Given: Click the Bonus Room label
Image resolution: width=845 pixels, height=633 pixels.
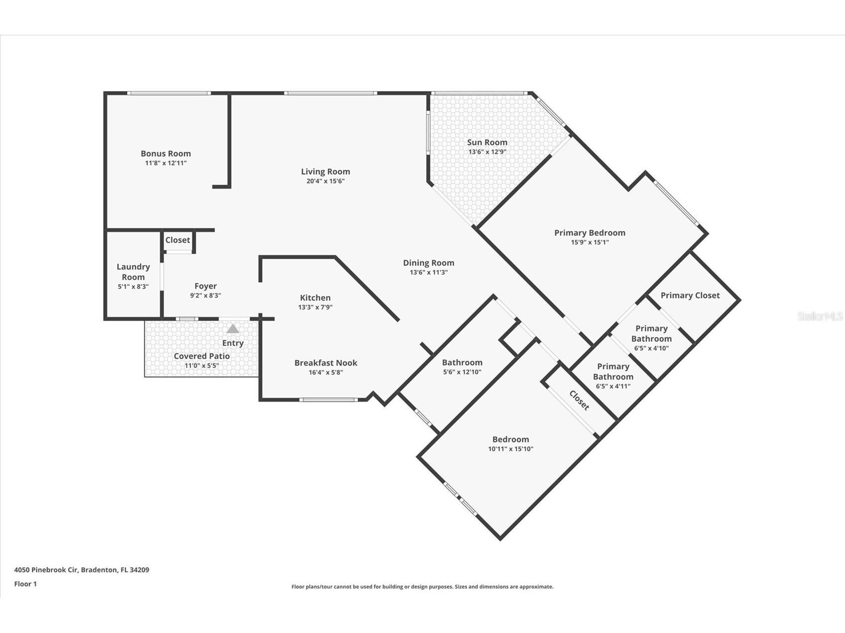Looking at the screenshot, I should pyautogui.click(x=165, y=154).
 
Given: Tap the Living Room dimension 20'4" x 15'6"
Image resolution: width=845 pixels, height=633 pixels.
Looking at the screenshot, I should pyautogui.click(x=325, y=181).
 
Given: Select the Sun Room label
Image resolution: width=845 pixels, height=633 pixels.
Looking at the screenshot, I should pyautogui.click(x=487, y=142).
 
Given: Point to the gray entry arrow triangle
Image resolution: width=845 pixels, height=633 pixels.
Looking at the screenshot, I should pyautogui.click(x=233, y=329).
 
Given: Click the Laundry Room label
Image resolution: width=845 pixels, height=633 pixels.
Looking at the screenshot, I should pyautogui.click(x=133, y=272).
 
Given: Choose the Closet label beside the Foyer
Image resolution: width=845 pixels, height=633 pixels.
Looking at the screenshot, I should pyautogui.click(x=177, y=240).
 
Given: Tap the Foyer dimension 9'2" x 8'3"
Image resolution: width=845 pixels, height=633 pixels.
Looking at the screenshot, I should pyautogui.click(x=205, y=296).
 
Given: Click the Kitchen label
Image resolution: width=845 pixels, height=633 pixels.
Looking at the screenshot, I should pyautogui.click(x=315, y=298).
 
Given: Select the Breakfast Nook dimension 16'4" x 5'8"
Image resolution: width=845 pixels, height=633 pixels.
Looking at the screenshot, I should pyautogui.click(x=326, y=372).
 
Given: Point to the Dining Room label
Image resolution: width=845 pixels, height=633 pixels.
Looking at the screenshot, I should pyautogui.click(x=428, y=263).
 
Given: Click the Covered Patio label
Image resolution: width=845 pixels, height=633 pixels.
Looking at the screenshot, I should pyautogui.click(x=202, y=356).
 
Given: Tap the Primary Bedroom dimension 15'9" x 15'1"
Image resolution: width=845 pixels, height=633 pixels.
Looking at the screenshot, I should pyautogui.click(x=590, y=242).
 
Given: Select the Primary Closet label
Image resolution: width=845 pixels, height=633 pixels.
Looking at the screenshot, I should pyautogui.click(x=690, y=295).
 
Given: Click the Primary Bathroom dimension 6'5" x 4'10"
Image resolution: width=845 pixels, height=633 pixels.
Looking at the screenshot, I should pyautogui.click(x=651, y=348).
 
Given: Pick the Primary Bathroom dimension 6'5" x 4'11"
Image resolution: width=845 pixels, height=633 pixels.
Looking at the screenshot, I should pyautogui.click(x=613, y=386).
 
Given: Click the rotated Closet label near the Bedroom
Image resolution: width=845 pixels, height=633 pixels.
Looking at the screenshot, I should pyautogui.click(x=579, y=400).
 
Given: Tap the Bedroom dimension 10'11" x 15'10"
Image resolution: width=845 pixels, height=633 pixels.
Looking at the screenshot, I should pyautogui.click(x=510, y=449).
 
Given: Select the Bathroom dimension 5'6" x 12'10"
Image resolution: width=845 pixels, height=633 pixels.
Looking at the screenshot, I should pyautogui.click(x=462, y=372).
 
